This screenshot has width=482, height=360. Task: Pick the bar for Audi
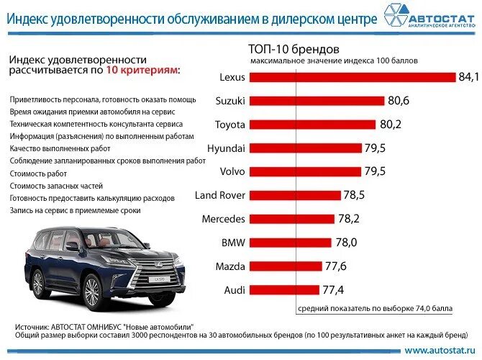pos(285,290)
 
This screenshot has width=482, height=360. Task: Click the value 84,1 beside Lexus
pos(468,77)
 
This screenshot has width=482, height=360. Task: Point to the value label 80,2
pos(391,125)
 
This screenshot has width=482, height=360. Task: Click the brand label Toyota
pos(229,125)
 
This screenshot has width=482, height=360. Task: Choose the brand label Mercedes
pos(223,219)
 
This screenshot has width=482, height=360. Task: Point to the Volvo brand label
pos(232,171)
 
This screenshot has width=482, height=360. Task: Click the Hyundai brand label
pos(226,148)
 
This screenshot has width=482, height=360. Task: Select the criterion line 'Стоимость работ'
pos(38,174)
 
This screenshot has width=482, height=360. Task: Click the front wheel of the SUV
pos(93,292)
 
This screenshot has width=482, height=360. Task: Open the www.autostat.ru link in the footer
pos(440,351)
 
